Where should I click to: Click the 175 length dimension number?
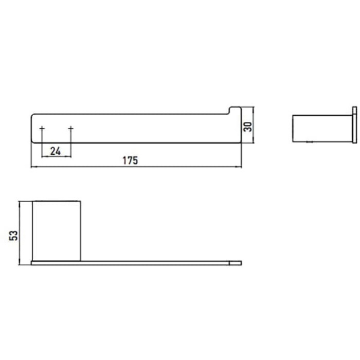pos(130,160)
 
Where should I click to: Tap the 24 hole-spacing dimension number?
pos(55,151)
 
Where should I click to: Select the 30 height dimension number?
pos(247,127)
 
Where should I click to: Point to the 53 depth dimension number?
pos(13,236)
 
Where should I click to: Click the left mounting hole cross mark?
pos(42,128)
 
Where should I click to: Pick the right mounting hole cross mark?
pos(71,128)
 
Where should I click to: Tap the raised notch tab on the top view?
pos(235,110)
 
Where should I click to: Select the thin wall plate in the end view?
pos(355,125)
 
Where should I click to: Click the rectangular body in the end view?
pos(323,128)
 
